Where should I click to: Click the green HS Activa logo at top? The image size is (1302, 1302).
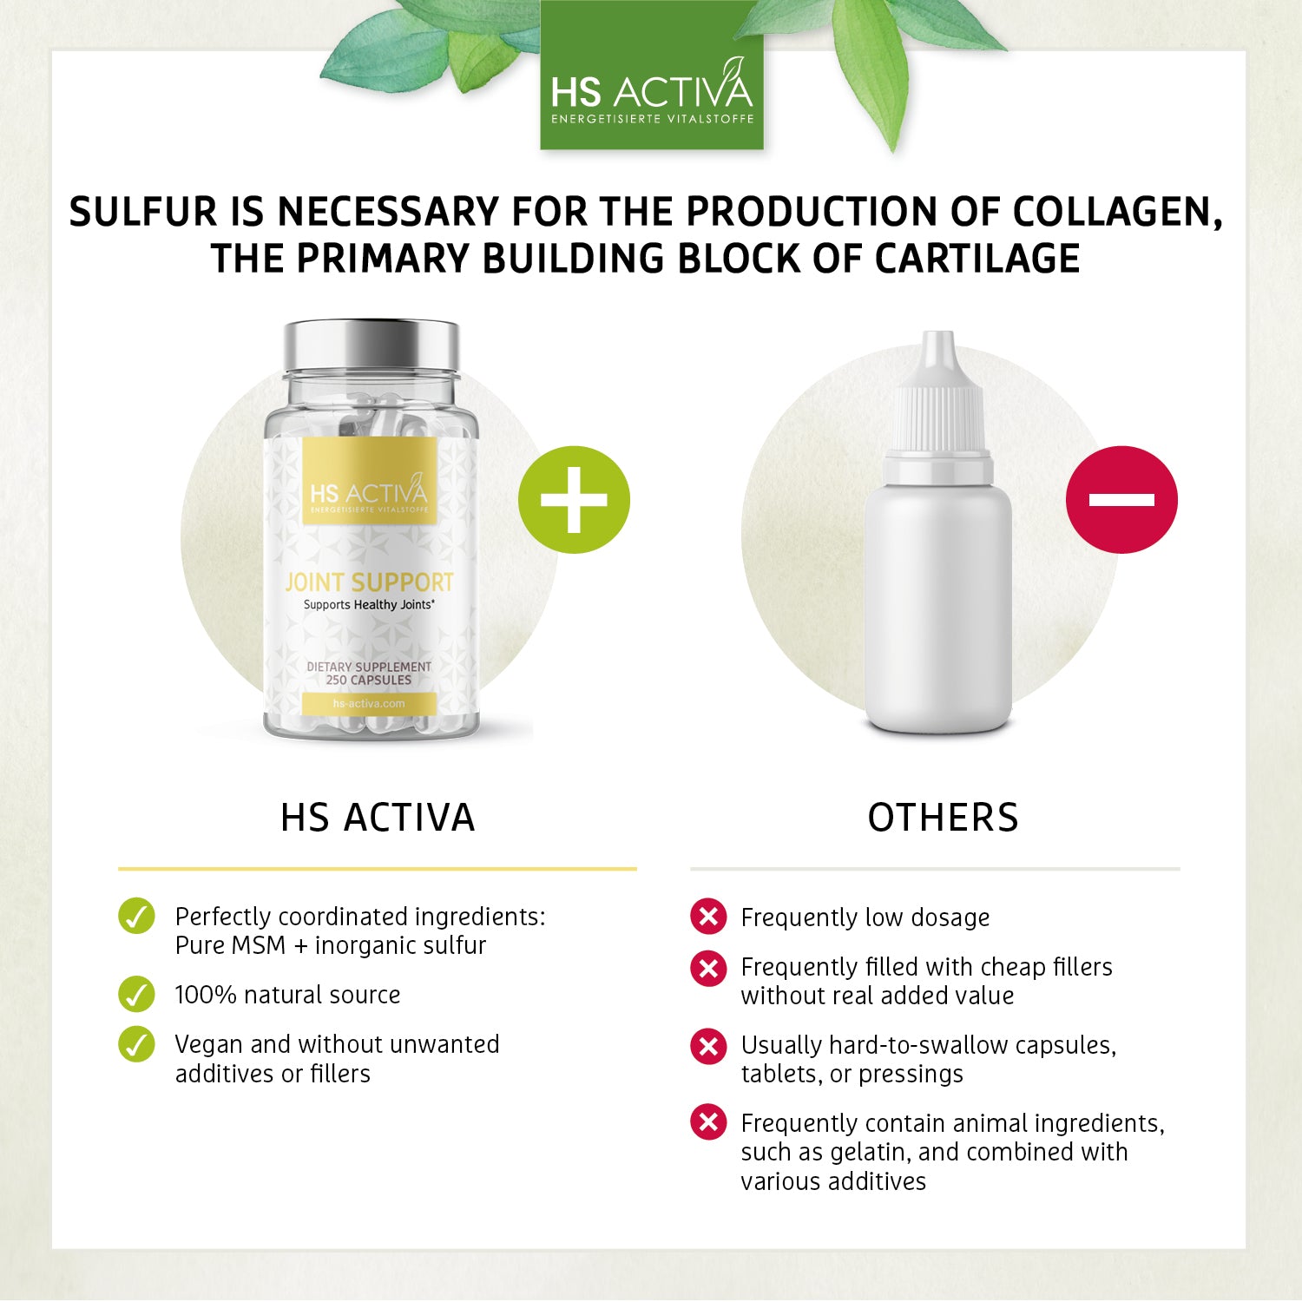652,76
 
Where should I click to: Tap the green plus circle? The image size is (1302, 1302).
574,500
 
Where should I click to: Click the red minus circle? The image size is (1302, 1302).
1121,500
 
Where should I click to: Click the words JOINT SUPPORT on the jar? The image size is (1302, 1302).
370,582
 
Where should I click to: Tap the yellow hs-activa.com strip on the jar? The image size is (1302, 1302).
369,703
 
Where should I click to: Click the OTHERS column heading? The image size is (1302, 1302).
944,818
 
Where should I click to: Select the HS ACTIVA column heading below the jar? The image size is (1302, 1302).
378,818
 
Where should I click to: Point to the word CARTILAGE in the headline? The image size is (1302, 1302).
976,259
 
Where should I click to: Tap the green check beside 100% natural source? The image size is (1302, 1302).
136,995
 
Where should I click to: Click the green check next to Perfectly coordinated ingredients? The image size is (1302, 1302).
136,917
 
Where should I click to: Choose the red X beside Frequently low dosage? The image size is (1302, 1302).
708,917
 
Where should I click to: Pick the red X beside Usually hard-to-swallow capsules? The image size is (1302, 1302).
708,1046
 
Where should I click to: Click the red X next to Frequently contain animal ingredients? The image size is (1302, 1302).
708,1122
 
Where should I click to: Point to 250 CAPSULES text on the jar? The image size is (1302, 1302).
369,681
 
